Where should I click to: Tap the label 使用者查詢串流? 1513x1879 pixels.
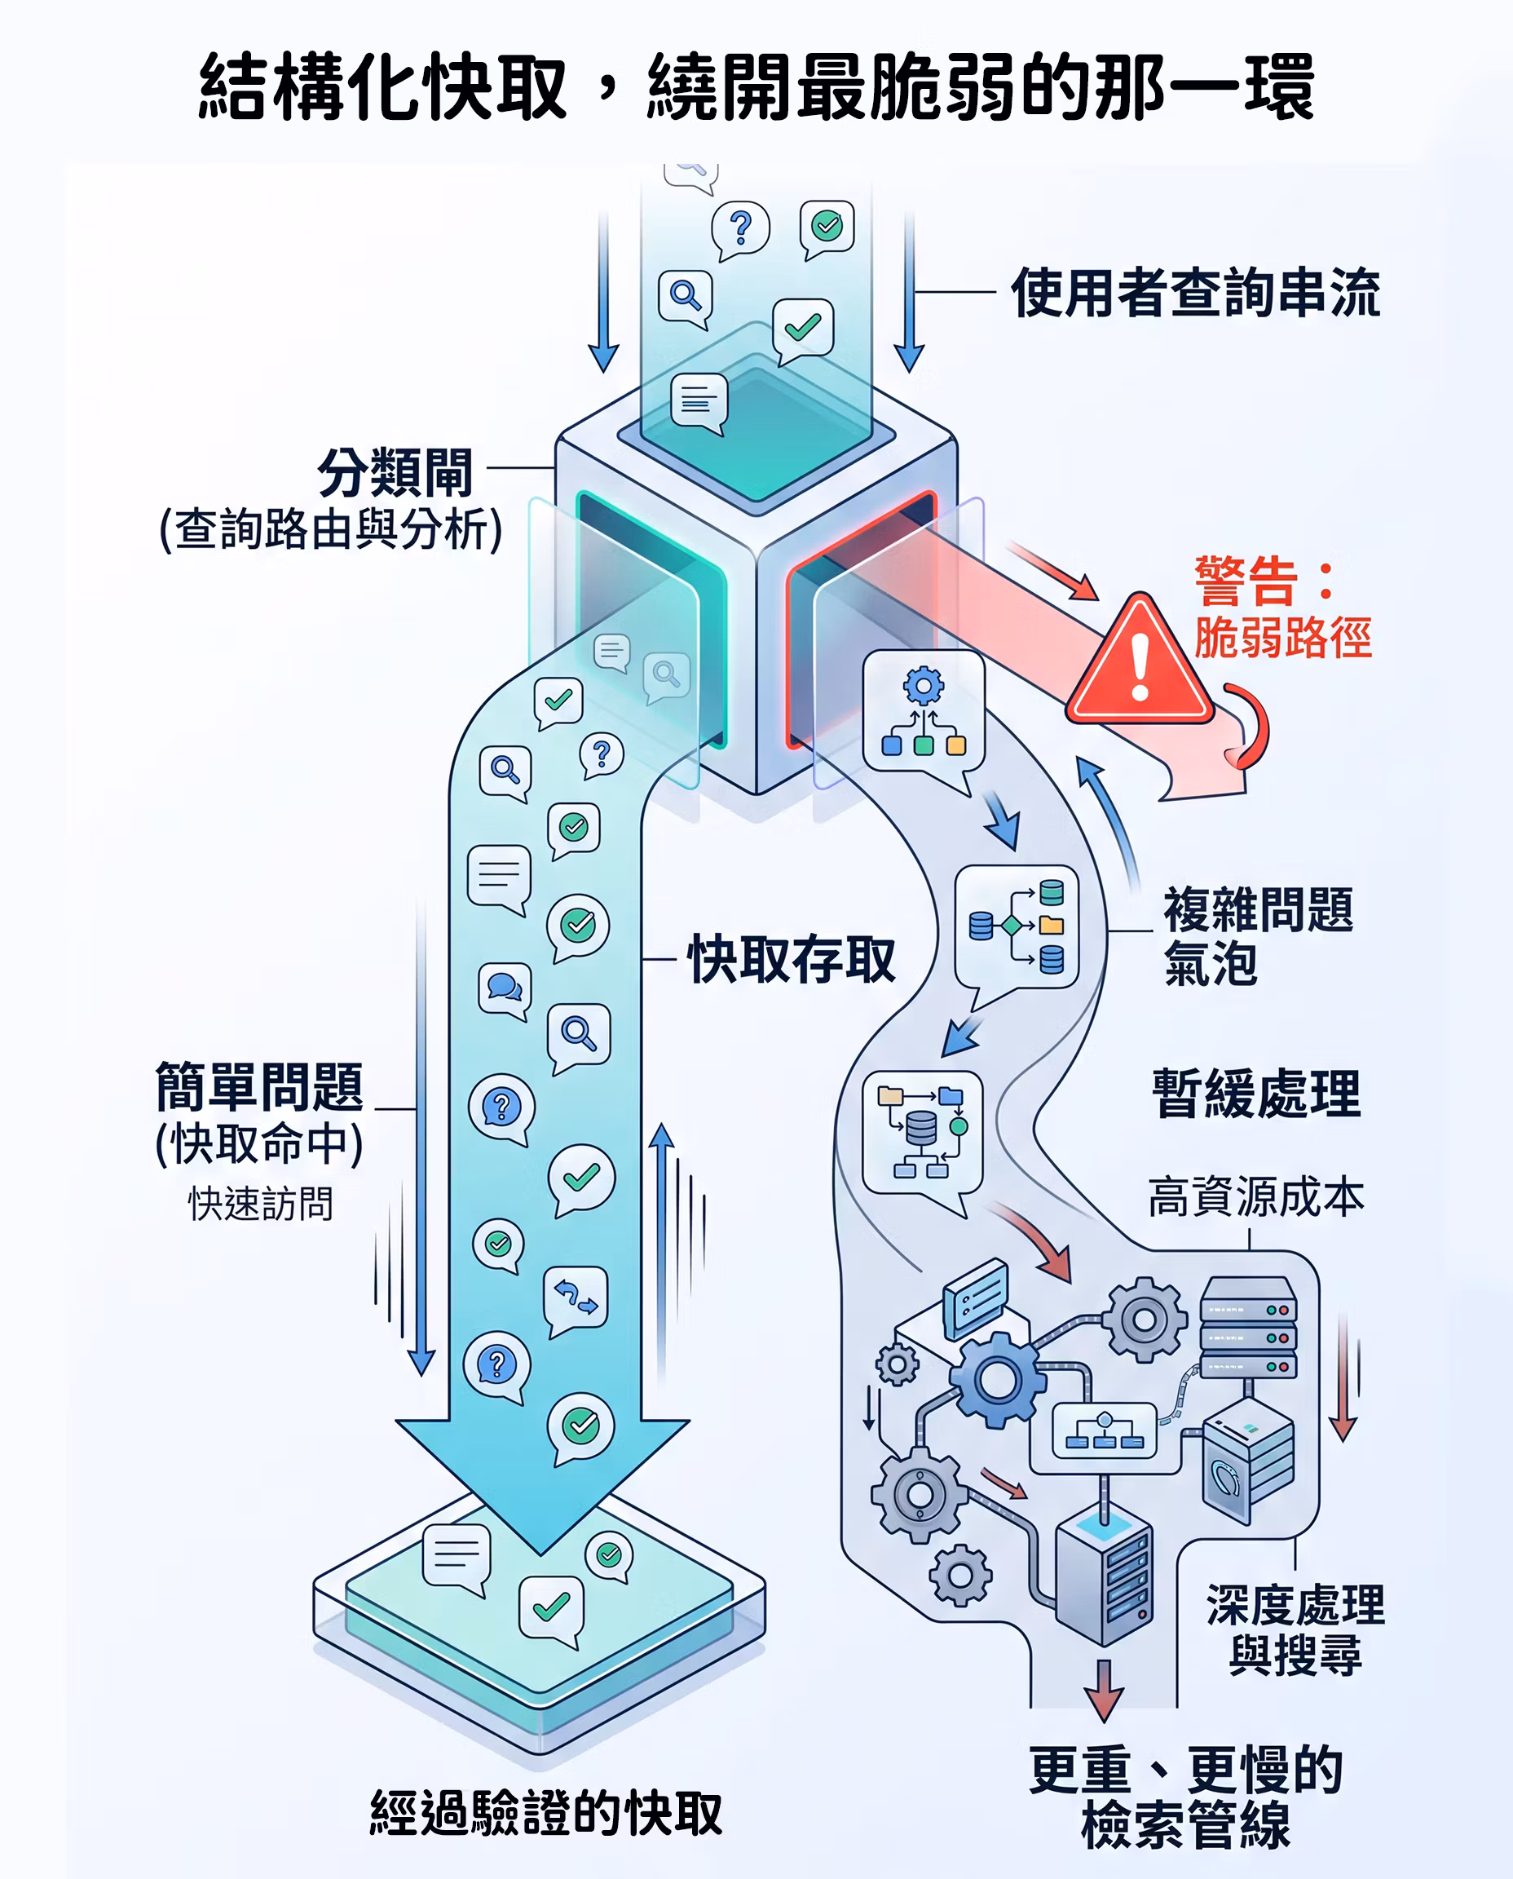coord(1196,293)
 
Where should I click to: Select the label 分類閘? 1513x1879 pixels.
coord(395,472)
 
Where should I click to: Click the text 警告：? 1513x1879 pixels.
coord(1264,581)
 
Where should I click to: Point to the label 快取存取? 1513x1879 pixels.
coord(792,959)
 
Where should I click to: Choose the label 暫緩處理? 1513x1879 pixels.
coord(1256,1094)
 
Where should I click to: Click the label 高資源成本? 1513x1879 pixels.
coord(1256,1196)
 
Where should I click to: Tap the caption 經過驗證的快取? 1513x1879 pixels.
coord(546,1814)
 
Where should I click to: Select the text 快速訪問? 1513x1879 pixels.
coord(261,1203)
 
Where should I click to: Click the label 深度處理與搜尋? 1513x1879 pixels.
coord(1295,1629)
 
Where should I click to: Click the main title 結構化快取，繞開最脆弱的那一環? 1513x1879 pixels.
coord(756,86)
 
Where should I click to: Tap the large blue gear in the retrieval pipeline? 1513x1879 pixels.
coord(997,1379)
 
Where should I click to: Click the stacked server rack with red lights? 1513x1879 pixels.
coord(1248,1327)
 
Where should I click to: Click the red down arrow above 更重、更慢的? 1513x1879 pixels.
coord(1104,1691)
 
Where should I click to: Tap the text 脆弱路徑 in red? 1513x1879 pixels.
coord(1283,638)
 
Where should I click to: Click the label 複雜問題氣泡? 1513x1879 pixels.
coord(1258,935)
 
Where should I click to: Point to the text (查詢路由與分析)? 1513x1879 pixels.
coord(330,528)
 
